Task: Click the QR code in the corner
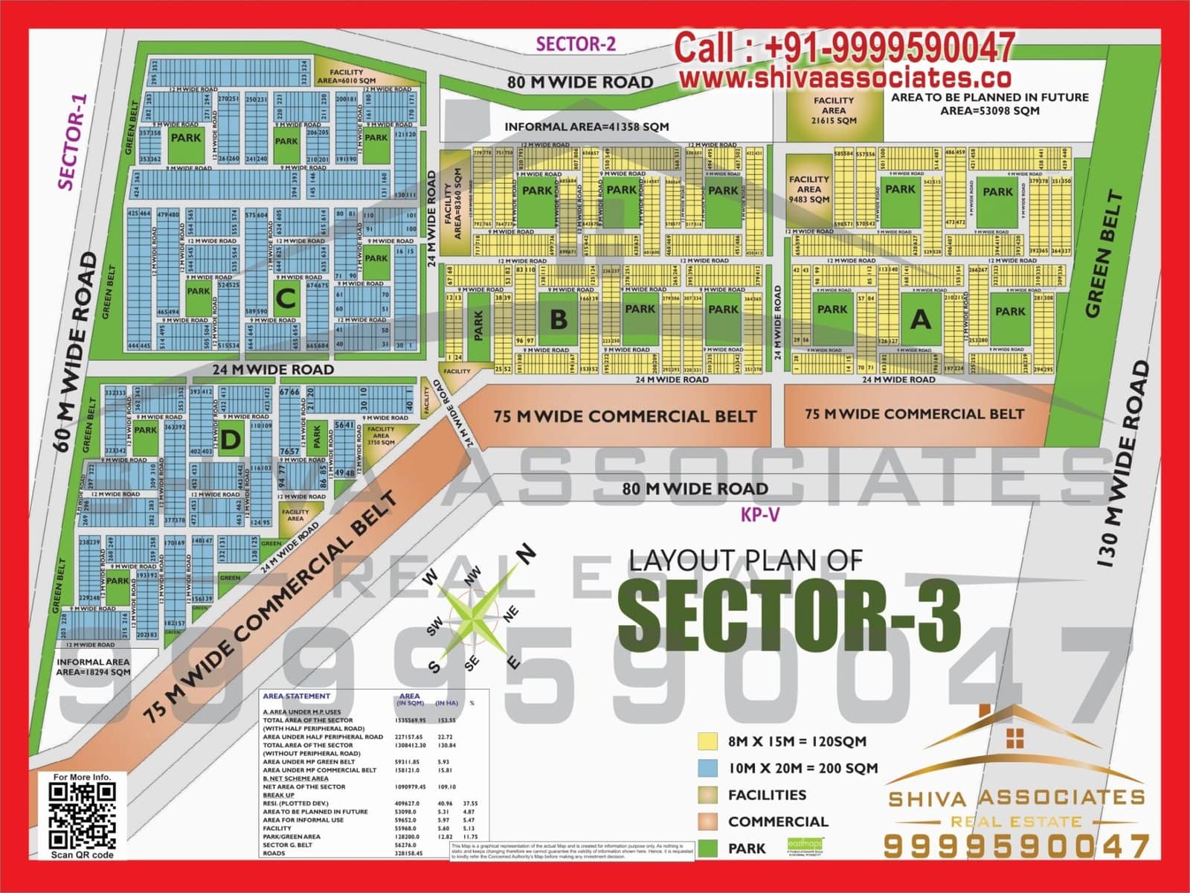pyautogui.click(x=82, y=816)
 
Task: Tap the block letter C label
pyautogui.click(x=286, y=298)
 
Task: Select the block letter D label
pyautogui.click(x=231, y=440)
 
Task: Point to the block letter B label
pyautogui.click(x=559, y=319)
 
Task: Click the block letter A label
pyautogui.click(x=921, y=319)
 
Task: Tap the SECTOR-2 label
pyautogui.click(x=576, y=44)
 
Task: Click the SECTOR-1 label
pyautogui.click(x=72, y=141)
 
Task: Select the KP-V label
pyautogui.click(x=759, y=514)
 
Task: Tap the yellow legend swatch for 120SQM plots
pyautogui.click(x=707, y=741)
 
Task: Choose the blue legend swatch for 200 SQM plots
pyautogui.click(x=707, y=768)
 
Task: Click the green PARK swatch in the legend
pyautogui.click(x=707, y=848)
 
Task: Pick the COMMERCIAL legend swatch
pyautogui.click(x=707, y=822)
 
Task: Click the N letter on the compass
pyautogui.click(x=526, y=553)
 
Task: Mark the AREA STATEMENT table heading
pyautogui.click(x=296, y=697)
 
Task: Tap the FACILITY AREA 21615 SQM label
pyautogui.click(x=834, y=110)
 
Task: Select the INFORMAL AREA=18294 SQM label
pyautogui.click(x=93, y=667)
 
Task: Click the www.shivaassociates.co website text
pyautogui.click(x=845, y=77)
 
